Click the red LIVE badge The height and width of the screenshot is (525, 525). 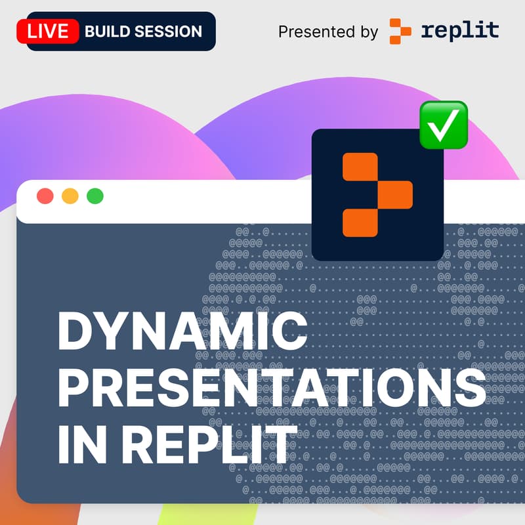pyautogui.click(x=48, y=31)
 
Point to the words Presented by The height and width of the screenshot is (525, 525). pyautogui.click(x=327, y=31)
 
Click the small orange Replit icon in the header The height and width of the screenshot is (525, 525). pyautogui.click(x=400, y=31)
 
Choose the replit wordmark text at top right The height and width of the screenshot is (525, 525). pyautogui.click(x=459, y=30)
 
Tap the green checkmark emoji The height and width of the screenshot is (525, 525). pyautogui.click(x=444, y=124)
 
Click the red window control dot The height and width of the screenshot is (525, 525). pyautogui.click(x=45, y=196)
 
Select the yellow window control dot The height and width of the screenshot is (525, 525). pyautogui.click(x=70, y=196)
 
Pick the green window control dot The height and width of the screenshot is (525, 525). pyautogui.click(x=95, y=196)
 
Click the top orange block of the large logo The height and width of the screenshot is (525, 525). pyautogui.click(x=360, y=166)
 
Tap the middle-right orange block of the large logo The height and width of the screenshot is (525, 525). pyautogui.click(x=394, y=194)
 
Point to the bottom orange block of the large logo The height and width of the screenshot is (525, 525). pyautogui.click(x=360, y=222)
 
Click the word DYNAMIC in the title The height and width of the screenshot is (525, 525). pyautogui.click(x=182, y=333)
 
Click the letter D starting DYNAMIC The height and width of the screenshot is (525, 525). pyautogui.click(x=75, y=333)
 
